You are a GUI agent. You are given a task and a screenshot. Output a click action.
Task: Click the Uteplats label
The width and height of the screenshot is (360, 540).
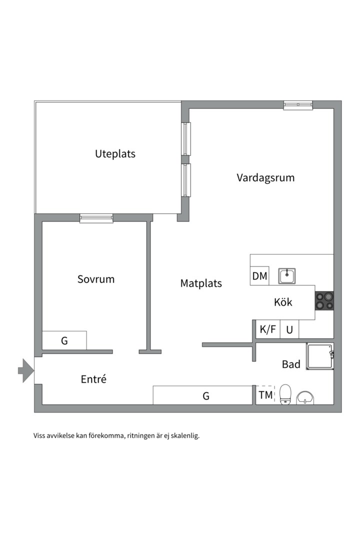[x=115, y=153]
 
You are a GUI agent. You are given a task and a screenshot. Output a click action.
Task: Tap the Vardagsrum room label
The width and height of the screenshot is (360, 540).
[x=265, y=177]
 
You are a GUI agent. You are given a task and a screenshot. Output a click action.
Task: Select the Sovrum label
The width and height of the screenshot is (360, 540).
[x=96, y=279]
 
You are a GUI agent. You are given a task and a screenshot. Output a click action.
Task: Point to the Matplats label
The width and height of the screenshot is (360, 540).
[x=201, y=283]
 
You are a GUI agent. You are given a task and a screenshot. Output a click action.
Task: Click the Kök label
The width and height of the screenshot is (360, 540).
[x=283, y=302]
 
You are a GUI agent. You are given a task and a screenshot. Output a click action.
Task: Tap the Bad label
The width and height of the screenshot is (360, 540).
[x=291, y=364]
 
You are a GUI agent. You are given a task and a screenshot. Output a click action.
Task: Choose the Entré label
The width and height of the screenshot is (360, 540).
[x=93, y=379]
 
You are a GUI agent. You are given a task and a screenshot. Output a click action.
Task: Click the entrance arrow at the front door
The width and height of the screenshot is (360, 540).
[x=26, y=370]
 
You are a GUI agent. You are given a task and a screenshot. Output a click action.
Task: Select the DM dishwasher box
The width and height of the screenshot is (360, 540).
[x=260, y=276]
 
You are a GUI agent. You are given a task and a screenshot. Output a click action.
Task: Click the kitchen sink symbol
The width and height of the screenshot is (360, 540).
[x=287, y=276]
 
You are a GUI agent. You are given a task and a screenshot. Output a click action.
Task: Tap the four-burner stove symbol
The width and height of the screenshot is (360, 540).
[x=324, y=300]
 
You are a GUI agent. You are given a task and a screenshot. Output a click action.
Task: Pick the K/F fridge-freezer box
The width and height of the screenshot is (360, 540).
[x=267, y=329]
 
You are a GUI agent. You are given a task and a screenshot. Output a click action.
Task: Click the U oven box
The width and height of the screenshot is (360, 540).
[x=289, y=329]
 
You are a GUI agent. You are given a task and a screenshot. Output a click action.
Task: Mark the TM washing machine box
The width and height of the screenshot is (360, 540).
[x=265, y=394]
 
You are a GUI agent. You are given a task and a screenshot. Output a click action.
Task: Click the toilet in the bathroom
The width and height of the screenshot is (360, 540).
[x=285, y=394]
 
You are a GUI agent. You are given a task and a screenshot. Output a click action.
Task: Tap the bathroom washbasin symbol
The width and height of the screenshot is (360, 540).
[x=305, y=397]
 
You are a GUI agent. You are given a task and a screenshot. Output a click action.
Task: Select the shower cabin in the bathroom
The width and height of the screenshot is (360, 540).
[x=320, y=356]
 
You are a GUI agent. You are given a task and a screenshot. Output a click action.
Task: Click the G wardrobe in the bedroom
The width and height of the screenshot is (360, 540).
[x=64, y=340]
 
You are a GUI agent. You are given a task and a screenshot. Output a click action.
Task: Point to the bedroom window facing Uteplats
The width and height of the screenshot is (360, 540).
[x=96, y=218]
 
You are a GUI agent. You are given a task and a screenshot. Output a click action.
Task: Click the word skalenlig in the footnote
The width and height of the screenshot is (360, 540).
[x=186, y=435]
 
